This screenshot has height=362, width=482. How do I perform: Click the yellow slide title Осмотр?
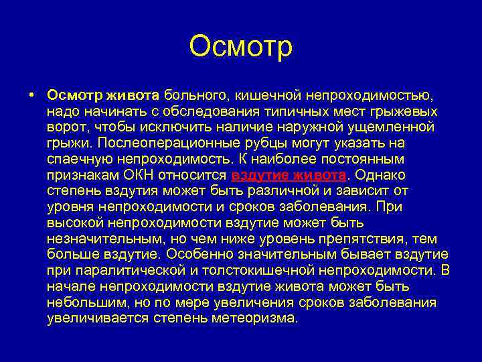pyautogui.click(x=241, y=48)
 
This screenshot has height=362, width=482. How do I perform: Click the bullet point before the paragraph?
pyautogui.click(x=32, y=95)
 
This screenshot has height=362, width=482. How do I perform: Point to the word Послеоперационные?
pyautogui.click(x=163, y=143)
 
